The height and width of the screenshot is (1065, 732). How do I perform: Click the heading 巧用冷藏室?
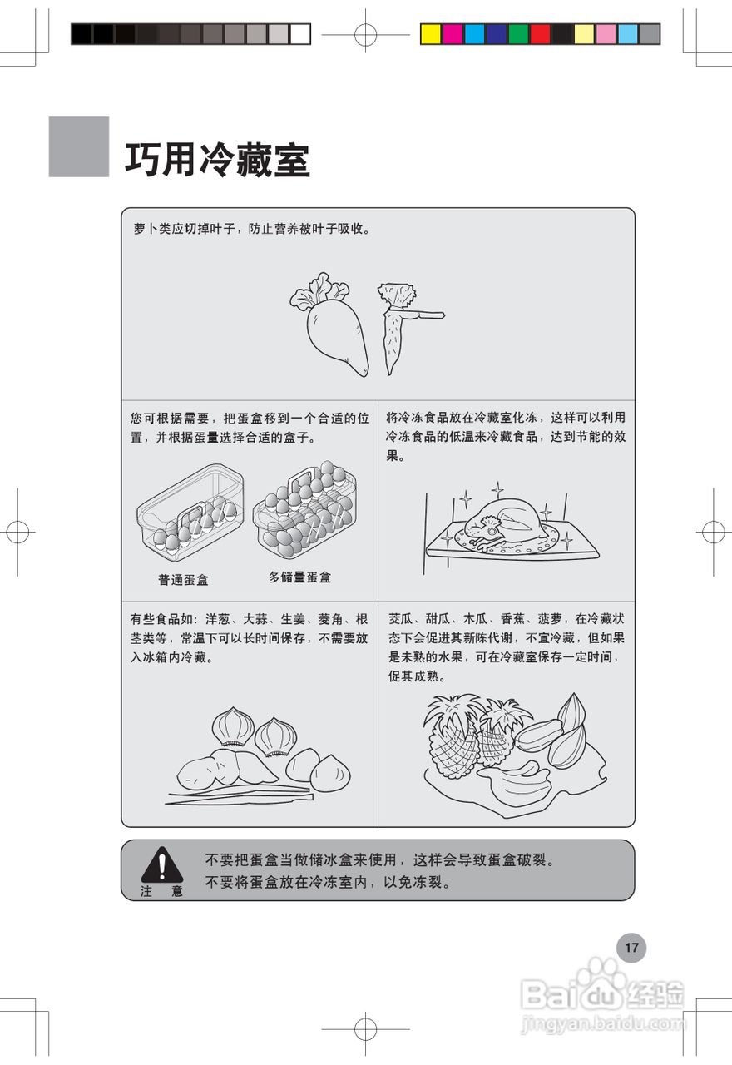coord(217,160)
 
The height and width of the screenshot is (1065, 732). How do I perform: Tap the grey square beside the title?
coord(79,146)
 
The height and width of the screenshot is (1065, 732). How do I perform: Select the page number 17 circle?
coord(631,947)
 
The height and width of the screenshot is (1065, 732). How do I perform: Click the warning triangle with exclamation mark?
coord(161,865)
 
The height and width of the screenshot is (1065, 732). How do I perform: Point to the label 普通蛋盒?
coord(183,580)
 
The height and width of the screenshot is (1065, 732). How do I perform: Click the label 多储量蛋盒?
coord(299,577)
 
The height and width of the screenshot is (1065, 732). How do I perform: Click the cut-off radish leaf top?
coord(397,297)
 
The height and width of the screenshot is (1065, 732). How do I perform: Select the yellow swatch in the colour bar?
coord(430,34)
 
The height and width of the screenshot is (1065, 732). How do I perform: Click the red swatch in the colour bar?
coord(540,34)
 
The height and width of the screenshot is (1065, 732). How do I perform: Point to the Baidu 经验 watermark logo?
coord(603,994)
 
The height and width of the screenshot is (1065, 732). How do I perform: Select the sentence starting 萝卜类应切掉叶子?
coord(251,229)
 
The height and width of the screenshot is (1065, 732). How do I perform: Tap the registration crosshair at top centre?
coord(365,35)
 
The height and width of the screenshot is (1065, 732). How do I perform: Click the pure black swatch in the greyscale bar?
coord(82,34)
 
